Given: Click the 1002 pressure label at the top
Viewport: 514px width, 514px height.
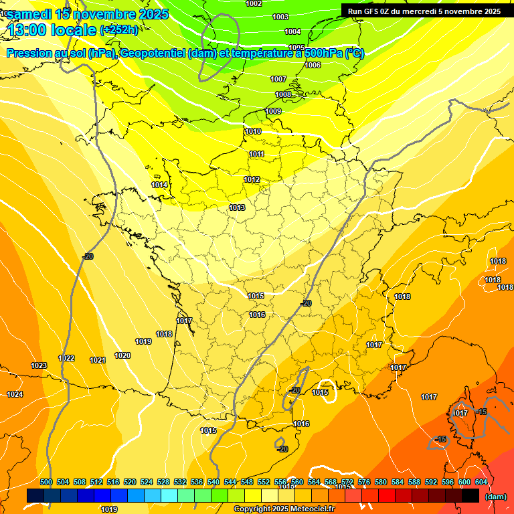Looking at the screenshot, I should coord(254,3).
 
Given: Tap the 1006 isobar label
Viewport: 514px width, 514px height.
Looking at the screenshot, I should coord(313,65).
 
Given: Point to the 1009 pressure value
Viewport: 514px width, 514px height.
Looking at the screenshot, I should coord(273,111).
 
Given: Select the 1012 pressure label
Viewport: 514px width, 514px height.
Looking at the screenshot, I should coord(252,179).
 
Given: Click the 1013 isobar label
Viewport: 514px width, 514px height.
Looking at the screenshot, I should coord(237,207).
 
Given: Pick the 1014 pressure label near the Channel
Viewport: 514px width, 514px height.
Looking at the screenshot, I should coord(159,185).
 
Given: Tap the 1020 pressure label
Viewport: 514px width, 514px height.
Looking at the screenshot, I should coord(122,355).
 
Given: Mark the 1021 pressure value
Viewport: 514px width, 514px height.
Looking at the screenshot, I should coord(98,360).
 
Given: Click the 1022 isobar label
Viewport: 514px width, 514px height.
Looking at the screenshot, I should coord(66,358).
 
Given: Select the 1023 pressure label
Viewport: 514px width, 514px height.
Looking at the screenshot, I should coord(39,365).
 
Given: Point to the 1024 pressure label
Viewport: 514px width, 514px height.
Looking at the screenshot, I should coord(15,394).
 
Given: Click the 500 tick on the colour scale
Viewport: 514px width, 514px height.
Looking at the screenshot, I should coord(46,482).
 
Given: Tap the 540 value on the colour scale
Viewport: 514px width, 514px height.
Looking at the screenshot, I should coord(213,482).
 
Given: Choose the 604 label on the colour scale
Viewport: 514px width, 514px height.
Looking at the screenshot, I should coord(481,482).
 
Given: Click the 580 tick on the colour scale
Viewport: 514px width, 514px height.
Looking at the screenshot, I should coord(381,482).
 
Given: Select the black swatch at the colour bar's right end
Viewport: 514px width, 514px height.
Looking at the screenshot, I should coord(470,495).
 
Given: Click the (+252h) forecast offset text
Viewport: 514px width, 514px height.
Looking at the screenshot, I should coord(119,29).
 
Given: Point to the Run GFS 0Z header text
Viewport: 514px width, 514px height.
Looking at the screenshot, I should coord(375,11).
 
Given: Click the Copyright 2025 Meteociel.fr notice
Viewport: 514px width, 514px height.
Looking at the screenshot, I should coord(284,509).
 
